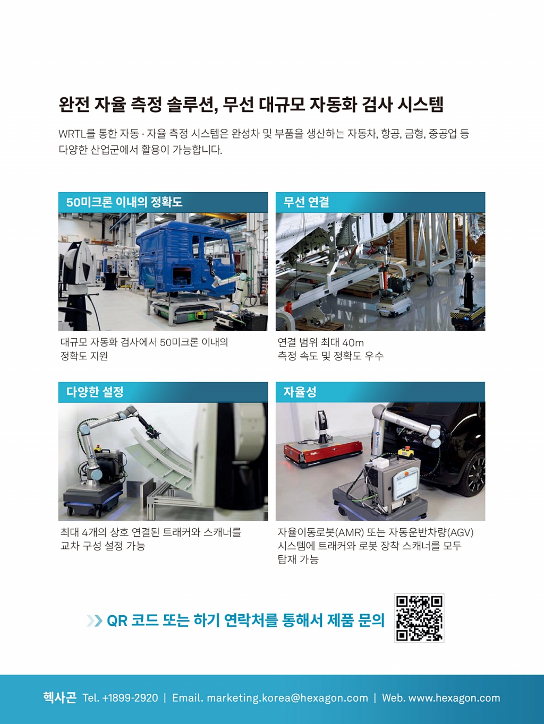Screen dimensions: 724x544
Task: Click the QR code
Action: (x=419, y=618)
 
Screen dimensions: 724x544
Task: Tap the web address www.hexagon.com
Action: (x=454, y=698)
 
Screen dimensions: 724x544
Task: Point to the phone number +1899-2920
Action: (x=130, y=698)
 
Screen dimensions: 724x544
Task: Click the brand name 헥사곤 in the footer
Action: (x=59, y=697)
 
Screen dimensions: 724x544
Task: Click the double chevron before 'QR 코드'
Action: (x=94, y=620)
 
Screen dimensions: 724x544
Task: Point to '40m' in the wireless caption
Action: (x=353, y=343)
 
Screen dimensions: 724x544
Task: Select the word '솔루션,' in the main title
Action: (x=192, y=105)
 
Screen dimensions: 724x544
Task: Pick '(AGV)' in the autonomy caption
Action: (x=460, y=532)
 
